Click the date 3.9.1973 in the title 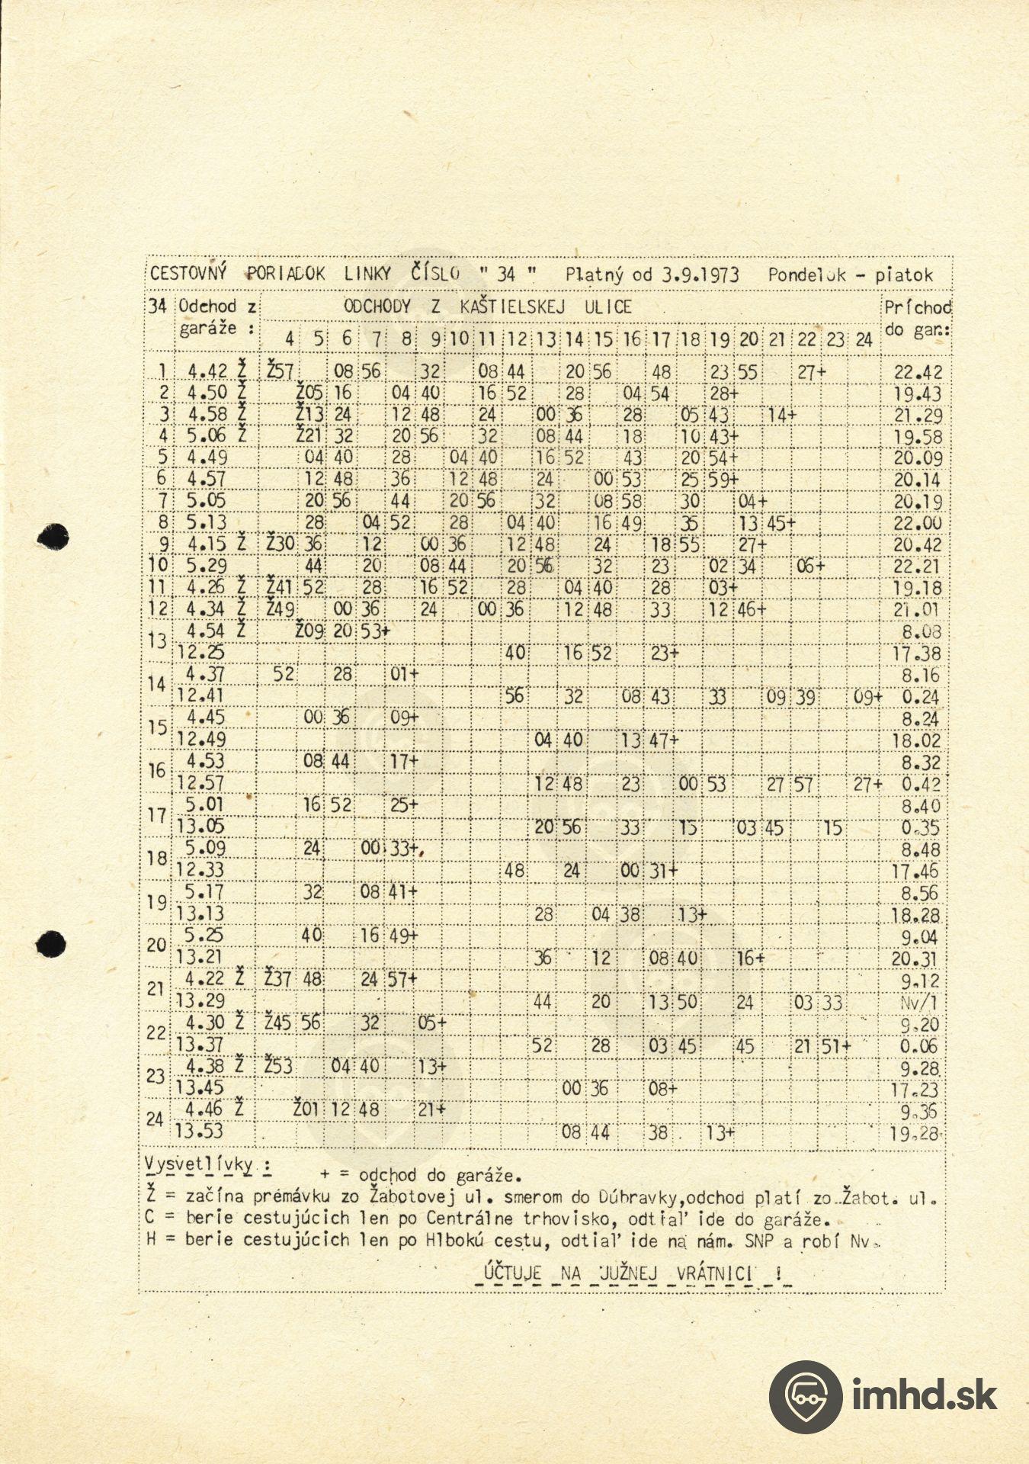[x=699, y=275]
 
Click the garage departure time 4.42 [x=207, y=371]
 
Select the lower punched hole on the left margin [x=51, y=944]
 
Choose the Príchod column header [x=917, y=308]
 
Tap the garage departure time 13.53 [x=200, y=1132]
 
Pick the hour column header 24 [x=863, y=340]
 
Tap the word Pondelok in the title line [x=806, y=275]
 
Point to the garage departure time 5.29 [x=207, y=567]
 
